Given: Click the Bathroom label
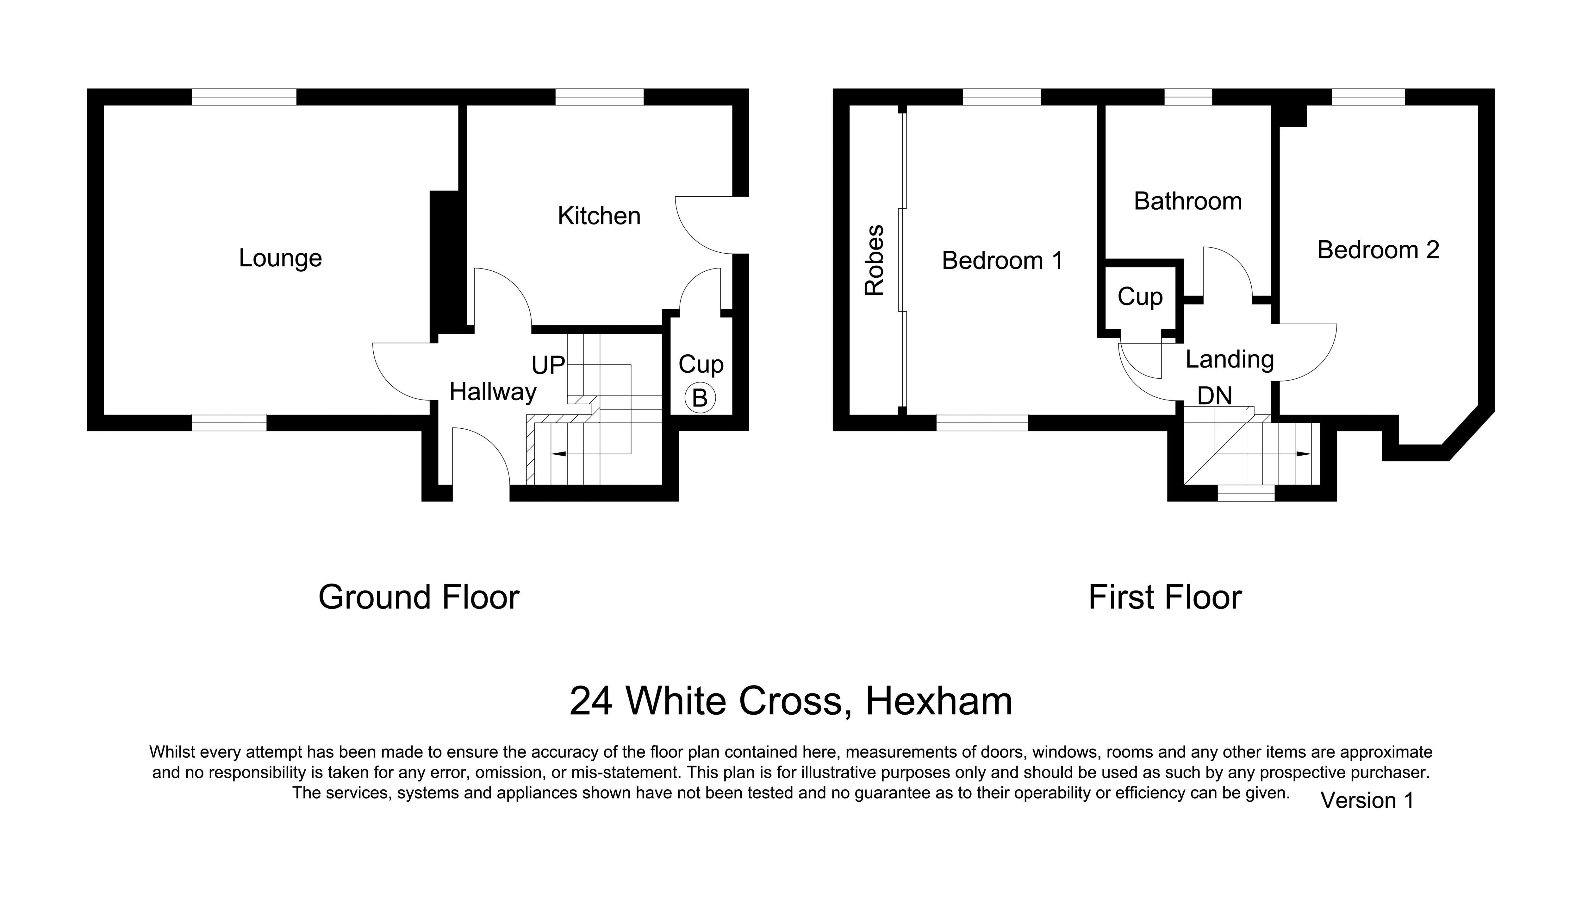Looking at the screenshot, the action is [1187, 201].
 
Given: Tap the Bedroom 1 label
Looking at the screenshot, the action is [1002, 261].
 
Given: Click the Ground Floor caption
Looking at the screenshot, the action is [419, 597].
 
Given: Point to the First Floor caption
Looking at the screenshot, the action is [1165, 597].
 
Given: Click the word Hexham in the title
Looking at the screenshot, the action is [939, 701].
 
